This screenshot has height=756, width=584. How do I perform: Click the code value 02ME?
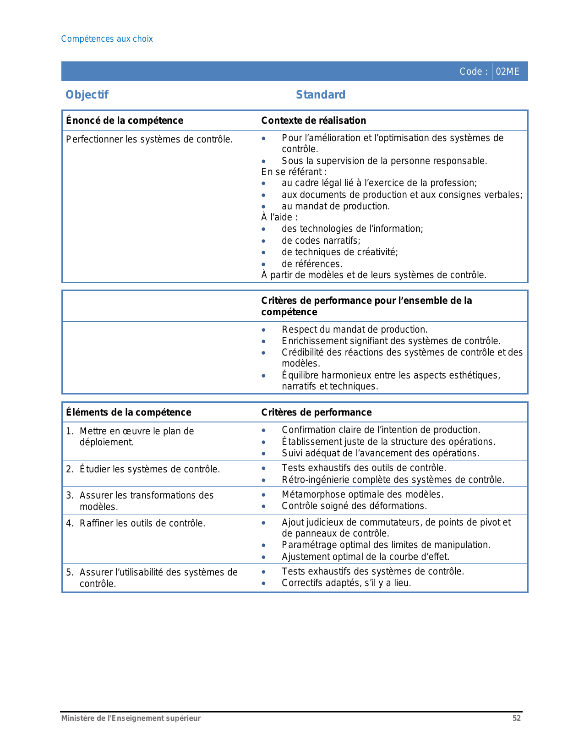coord(508,71)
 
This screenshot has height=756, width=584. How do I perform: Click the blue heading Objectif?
coord(87,95)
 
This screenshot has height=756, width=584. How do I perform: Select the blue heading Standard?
coord(321,95)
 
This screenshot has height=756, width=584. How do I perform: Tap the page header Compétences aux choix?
coord(107,39)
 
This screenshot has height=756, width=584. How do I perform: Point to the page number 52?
coord(516,718)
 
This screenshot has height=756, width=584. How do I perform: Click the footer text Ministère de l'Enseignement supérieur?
coord(131,718)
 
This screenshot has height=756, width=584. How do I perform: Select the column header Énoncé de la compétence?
coord(125,121)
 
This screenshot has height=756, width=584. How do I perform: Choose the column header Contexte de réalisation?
coord(314,121)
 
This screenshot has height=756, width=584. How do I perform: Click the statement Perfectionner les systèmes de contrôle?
coord(149,139)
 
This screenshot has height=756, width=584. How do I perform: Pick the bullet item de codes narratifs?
coord(321,241)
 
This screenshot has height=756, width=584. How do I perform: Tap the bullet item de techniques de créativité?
coord(340,252)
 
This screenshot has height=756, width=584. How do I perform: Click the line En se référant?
coord(294,172)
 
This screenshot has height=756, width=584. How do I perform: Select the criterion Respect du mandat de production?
coord(355,329)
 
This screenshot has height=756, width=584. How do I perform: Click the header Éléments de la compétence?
coord(129,412)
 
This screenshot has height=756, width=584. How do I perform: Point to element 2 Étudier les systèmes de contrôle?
coord(149,469)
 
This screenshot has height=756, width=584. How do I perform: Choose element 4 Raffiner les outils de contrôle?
coord(142,523)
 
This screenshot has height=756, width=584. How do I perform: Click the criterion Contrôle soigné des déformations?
coord(354,506)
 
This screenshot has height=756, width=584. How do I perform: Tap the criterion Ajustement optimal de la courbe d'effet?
coord(366,557)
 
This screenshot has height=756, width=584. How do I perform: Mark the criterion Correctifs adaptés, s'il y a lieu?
coord(346,583)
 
